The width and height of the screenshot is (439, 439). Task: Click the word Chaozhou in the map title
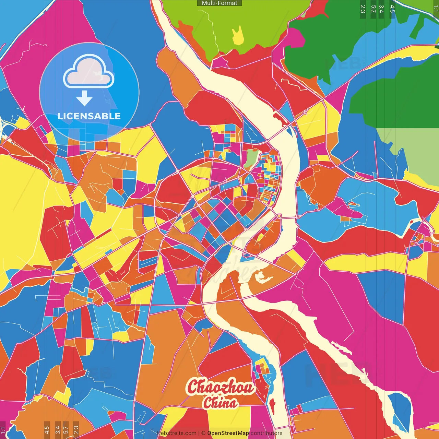tap(220, 387)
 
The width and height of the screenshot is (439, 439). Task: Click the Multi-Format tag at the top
tap(219, 3)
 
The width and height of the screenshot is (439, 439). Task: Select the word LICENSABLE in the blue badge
tap(89, 116)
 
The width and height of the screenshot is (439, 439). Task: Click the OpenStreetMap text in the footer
tap(228, 433)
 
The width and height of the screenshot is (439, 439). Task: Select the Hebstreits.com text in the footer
tap(176, 433)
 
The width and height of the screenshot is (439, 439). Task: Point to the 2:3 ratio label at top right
tap(363, 9)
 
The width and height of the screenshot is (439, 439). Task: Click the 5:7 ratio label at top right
tap(373, 9)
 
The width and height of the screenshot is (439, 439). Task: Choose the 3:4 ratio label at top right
tap(381, 9)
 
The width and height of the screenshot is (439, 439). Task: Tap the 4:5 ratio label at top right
tap(392, 9)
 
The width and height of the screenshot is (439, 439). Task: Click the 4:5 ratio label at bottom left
tap(47, 429)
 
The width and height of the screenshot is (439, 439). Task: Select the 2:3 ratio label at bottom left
tap(76, 429)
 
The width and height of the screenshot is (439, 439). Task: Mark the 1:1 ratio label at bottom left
tap(3, 430)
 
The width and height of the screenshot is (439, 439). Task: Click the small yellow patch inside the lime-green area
tap(238, 36)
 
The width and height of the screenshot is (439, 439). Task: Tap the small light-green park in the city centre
tap(252, 158)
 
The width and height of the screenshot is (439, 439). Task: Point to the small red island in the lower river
tap(272, 406)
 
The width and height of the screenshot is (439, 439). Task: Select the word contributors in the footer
tap(266, 433)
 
